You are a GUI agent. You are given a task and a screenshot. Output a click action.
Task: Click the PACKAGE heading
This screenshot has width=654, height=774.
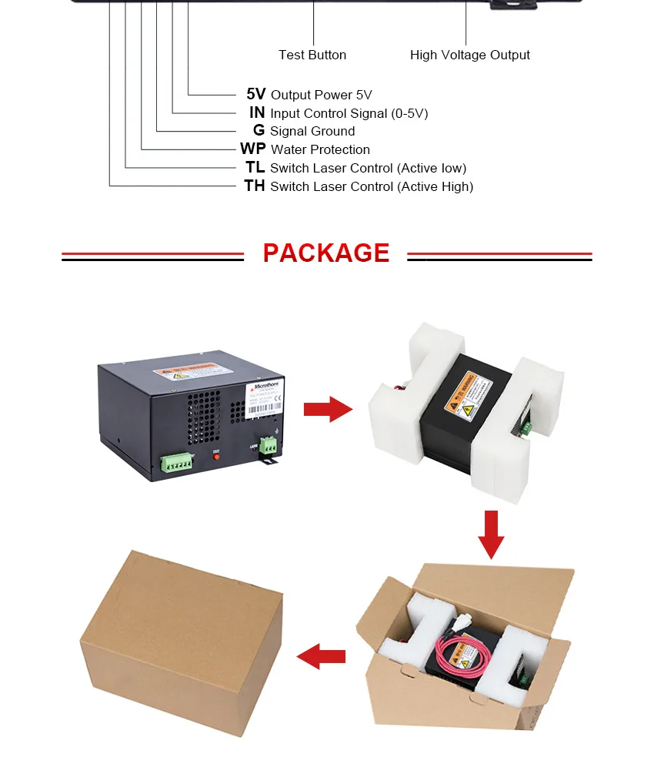point(326,253)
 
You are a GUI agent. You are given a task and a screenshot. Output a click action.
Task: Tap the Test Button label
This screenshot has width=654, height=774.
point(312,55)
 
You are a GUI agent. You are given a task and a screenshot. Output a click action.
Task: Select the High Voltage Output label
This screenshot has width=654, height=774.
point(469,55)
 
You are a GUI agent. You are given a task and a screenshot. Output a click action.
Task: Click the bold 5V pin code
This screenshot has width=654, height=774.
point(255,94)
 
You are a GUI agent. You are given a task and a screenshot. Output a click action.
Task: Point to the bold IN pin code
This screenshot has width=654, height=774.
point(257,112)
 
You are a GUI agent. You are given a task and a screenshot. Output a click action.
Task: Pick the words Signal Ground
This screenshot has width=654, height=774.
point(312,131)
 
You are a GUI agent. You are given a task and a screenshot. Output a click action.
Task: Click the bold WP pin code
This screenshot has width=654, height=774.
point(252,149)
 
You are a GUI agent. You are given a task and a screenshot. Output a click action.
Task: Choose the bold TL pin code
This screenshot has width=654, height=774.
point(255,167)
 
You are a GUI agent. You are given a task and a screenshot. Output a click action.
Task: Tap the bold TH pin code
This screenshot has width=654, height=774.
point(254,186)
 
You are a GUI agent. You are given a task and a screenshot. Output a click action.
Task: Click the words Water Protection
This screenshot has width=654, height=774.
point(320,149)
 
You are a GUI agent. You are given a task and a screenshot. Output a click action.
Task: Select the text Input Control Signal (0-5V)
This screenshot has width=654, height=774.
point(349,113)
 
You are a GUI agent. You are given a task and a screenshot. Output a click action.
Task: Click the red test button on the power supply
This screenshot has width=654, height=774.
point(216,457)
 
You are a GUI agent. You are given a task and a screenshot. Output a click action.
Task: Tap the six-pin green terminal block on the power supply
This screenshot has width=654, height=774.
point(176,462)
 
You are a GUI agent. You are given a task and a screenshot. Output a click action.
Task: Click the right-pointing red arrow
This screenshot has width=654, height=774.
point(328,410)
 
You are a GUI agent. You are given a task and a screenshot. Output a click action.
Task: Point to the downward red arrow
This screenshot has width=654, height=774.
point(491,534)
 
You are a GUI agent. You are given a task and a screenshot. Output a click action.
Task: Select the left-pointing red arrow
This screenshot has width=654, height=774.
point(321,657)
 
